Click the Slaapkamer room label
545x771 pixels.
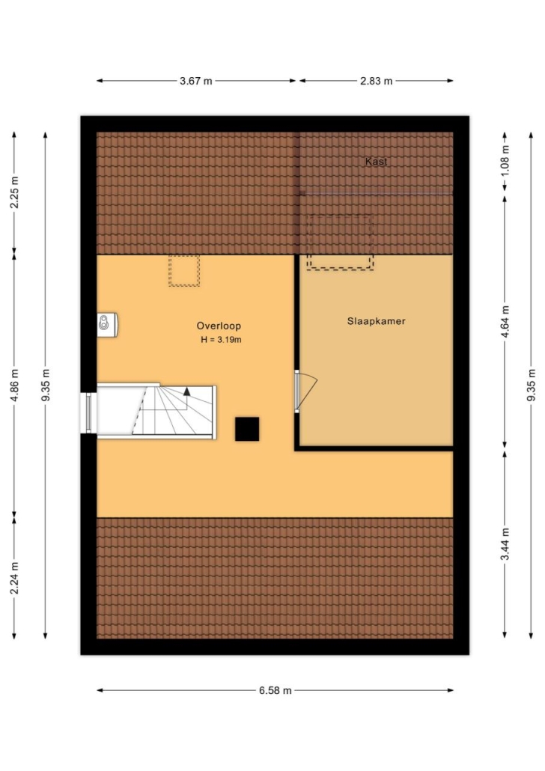(377, 321)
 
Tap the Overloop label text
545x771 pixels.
(219, 326)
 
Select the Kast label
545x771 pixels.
(377, 161)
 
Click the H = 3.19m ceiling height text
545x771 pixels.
(221, 339)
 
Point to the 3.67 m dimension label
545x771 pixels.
(196, 81)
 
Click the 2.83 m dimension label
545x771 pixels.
(377, 81)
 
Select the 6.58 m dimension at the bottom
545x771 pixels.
(275, 690)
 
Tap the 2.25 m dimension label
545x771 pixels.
(14, 192)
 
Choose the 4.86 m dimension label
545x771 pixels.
(14, 385)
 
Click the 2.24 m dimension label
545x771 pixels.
(14, 578)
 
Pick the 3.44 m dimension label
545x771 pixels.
(505, 543)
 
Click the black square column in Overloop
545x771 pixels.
(247, 429)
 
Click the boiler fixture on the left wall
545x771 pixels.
(107, 325)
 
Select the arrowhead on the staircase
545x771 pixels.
(187, 391)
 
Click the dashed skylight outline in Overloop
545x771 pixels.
(184, 270)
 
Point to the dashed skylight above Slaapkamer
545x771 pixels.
(340, 242)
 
